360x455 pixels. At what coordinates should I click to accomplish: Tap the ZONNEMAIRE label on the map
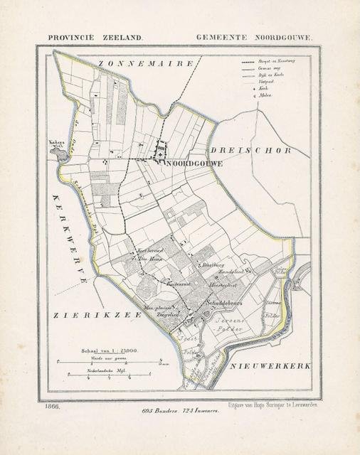146,64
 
